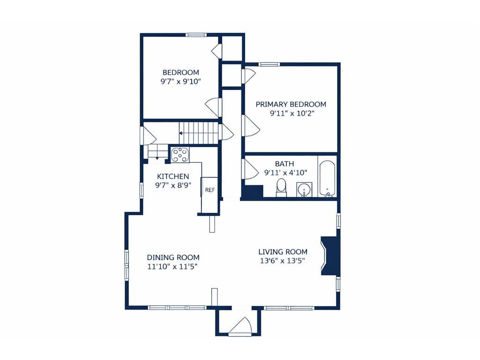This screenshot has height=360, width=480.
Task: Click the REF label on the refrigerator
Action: click(210, 190)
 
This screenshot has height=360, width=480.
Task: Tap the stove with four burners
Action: click(180, 155)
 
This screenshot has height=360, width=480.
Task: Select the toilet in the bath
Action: click(281, 187)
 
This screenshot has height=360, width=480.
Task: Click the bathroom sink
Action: click(304, 189)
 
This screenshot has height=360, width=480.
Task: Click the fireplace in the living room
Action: click(330, 255)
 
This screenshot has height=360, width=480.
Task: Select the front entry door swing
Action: click(240, 325)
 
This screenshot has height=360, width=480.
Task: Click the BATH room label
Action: click(285, 164)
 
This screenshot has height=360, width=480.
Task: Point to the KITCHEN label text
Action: click(173, 176)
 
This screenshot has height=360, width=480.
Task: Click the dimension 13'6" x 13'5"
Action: click(283, 261)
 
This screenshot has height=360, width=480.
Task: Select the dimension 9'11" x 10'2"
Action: click(292, 113)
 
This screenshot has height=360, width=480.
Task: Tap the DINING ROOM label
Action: click(173, 257)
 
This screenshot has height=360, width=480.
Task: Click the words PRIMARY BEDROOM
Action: click(291, 105)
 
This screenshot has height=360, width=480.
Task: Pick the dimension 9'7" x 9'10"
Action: click(180, 82)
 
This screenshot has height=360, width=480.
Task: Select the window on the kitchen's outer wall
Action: click(142, 190)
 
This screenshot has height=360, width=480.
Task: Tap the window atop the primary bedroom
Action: click(269, 64)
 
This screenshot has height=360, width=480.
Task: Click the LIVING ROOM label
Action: click(283, 252)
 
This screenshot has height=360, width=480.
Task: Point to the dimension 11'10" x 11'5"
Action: click(172, 266)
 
